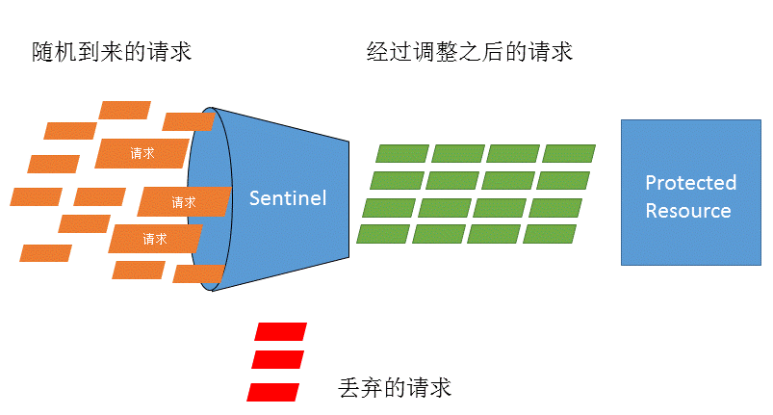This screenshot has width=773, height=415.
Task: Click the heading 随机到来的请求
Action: tap(112, 52)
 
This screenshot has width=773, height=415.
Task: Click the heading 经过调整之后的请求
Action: tap(470, 52)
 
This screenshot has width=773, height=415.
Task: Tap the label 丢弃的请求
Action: tap(395, 388)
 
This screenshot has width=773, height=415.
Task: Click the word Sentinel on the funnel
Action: tap(288, 198)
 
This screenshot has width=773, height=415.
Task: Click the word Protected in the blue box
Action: tap(690, 183)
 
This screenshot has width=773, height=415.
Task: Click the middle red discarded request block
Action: tap(277, 359)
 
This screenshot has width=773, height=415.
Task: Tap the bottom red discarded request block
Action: tap(273, 392)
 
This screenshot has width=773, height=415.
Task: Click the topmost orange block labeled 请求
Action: tap(142, 152)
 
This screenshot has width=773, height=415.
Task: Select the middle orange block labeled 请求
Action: tap(184, 202)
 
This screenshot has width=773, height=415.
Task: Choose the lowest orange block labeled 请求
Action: tap(155, 238)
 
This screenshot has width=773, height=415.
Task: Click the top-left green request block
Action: tap(401, 153)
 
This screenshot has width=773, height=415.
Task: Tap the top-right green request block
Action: tap(569, 153)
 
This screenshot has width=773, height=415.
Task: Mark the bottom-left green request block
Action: tap(383, 234)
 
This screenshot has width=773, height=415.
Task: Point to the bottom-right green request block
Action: tap(550, 234)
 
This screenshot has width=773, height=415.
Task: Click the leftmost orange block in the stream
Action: tap(36, 196)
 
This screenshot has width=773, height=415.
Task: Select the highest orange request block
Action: tap(125, 110)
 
